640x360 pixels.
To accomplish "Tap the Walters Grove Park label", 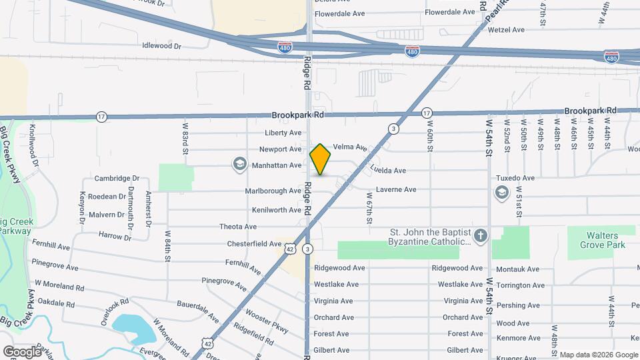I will pyautogui.click(x=597, y=240).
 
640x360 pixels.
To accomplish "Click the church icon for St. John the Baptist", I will pyautogui.click(x=481, y=235).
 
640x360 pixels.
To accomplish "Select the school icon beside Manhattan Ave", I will pyautogui.click(x=239, y=164).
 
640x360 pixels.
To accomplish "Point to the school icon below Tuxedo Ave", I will pyautogui.click(x=501, y=193).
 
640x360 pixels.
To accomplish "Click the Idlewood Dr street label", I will pyautogui.click(x=161, y=46).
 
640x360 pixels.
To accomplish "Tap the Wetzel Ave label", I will pyautogui.click(x=507, y=30).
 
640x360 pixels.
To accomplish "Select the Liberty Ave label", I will pyautogui.click(x=283, y=133).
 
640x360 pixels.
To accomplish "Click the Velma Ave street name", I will pyautogui.click(x=350, y=147).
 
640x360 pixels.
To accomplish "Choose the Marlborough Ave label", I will pyautogui.click(x=273, y=191).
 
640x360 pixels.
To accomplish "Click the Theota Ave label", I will pyautogui.click(x=238, y=227).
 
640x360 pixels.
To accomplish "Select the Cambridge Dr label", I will pyautogui.click(x=117, y=179).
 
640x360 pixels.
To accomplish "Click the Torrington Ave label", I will pyautogui.click(x=521, y=285).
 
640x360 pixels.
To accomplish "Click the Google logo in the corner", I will pyautogui.click(x=22, y=351).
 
